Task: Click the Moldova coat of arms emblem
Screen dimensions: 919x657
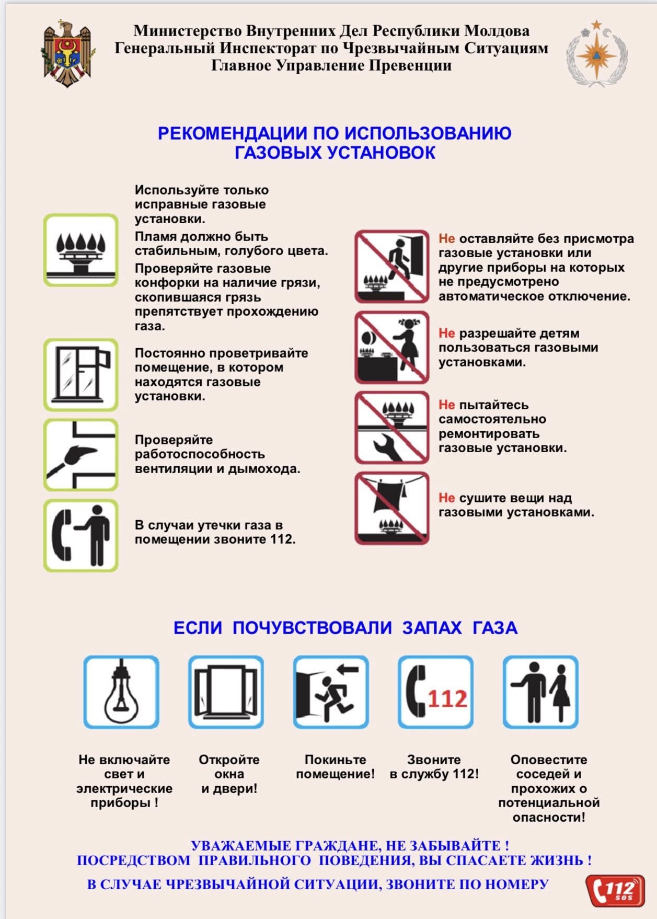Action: click(67, 53)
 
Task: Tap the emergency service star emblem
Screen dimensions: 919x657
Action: click(596, 53)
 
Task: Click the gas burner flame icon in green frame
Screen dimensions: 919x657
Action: click(80, 250)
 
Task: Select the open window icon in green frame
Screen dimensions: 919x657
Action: click(80, 374)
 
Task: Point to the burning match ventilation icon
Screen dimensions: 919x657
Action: click(80, 455)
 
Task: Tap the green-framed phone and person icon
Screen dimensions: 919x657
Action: click(80, 535)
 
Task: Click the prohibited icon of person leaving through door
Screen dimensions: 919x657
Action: click(391, 267)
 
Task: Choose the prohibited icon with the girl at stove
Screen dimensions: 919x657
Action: click(391, 347)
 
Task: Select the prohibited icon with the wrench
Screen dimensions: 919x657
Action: click(391, 428)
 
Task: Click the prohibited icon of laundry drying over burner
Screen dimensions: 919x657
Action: click(391, 508)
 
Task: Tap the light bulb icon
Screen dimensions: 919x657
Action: click(121, 692)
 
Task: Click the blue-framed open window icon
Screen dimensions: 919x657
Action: click(226, 692)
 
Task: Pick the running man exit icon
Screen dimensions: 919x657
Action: click(331, 692)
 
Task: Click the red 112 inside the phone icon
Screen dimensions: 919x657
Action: click(447, 699)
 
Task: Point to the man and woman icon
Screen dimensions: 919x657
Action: click(540, 692)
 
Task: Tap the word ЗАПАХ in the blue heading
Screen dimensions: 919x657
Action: click(432, 627)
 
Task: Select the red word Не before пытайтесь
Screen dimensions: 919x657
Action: click(446, 405)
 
